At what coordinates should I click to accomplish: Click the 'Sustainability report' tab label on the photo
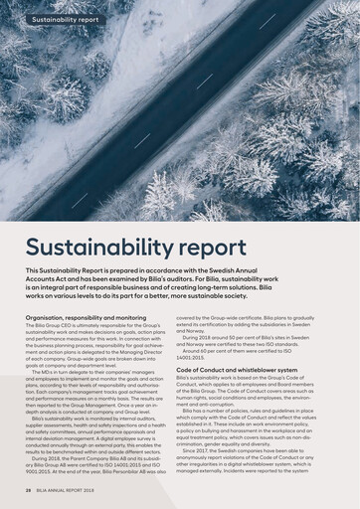tap(66, 19)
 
